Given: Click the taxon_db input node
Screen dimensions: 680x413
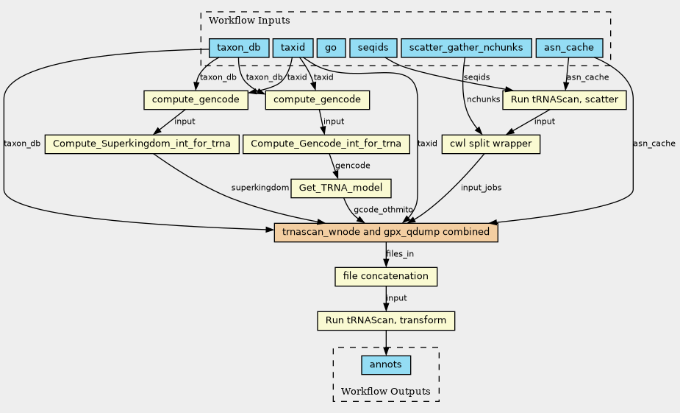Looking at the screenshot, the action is click(239, 48).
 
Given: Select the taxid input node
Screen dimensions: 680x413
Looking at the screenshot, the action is click(293, 48).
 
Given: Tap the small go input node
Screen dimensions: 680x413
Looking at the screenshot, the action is click(331, 48).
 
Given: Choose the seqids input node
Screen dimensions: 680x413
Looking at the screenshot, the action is click(373, 48).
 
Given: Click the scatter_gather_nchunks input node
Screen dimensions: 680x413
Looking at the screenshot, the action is click(466, 48).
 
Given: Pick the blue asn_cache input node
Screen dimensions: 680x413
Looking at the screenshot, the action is click(569, 48).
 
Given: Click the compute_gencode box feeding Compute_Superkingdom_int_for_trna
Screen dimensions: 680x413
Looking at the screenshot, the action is click(196, 100).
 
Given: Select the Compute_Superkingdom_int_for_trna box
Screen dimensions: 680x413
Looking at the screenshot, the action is click(142, 144).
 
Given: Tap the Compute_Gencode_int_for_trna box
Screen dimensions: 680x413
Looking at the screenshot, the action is click(326, 144).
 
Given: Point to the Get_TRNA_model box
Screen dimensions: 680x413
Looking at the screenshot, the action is click(341, 188).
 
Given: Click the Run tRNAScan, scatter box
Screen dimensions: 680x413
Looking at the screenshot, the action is click(564, 100).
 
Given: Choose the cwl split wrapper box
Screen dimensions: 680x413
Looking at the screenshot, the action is click(491, 144).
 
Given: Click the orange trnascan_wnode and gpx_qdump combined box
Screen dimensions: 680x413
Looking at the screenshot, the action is click(386, 233).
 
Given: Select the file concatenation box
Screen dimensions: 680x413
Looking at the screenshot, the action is click(386, 277).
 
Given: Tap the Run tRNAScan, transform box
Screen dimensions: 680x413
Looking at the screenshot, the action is click(386, 321).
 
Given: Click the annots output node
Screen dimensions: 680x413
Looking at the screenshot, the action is click(386, 365).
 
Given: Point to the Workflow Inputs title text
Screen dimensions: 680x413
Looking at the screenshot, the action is click(249, 21).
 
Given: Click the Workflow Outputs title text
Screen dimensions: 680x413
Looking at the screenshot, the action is click(385, 392).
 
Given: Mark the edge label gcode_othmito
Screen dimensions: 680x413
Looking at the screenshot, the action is click(383, 210).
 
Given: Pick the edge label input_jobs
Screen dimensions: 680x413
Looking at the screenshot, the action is click(481, 188).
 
